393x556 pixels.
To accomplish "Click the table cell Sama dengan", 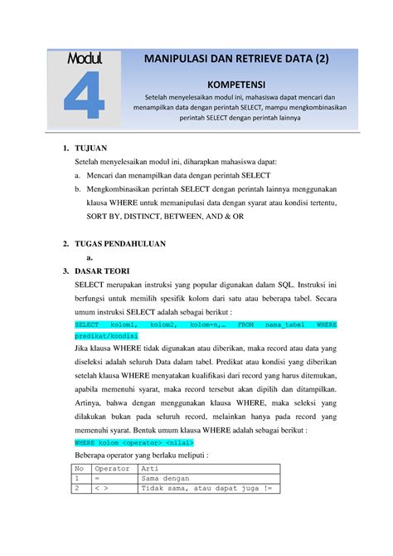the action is tap(169, 479).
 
